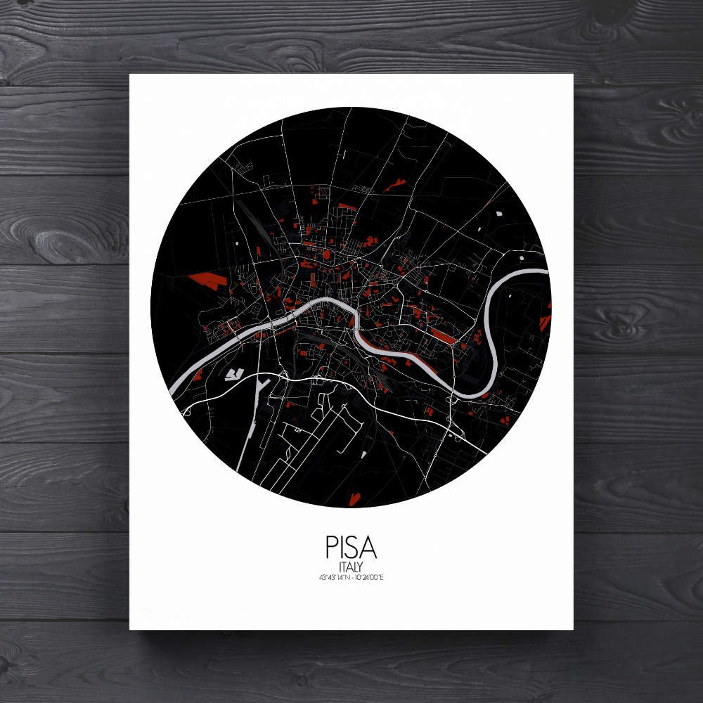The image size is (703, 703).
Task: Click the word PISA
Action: pos(351,548)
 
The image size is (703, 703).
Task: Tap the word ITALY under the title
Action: pos(351,566)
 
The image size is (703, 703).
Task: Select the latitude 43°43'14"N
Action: pos(333,578)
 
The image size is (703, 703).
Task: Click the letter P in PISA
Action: pos(331,548)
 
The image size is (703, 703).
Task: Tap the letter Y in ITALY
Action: pos(361,566)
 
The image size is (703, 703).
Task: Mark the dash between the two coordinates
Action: pos(350,578)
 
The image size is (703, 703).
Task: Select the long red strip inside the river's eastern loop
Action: pos(444,336)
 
